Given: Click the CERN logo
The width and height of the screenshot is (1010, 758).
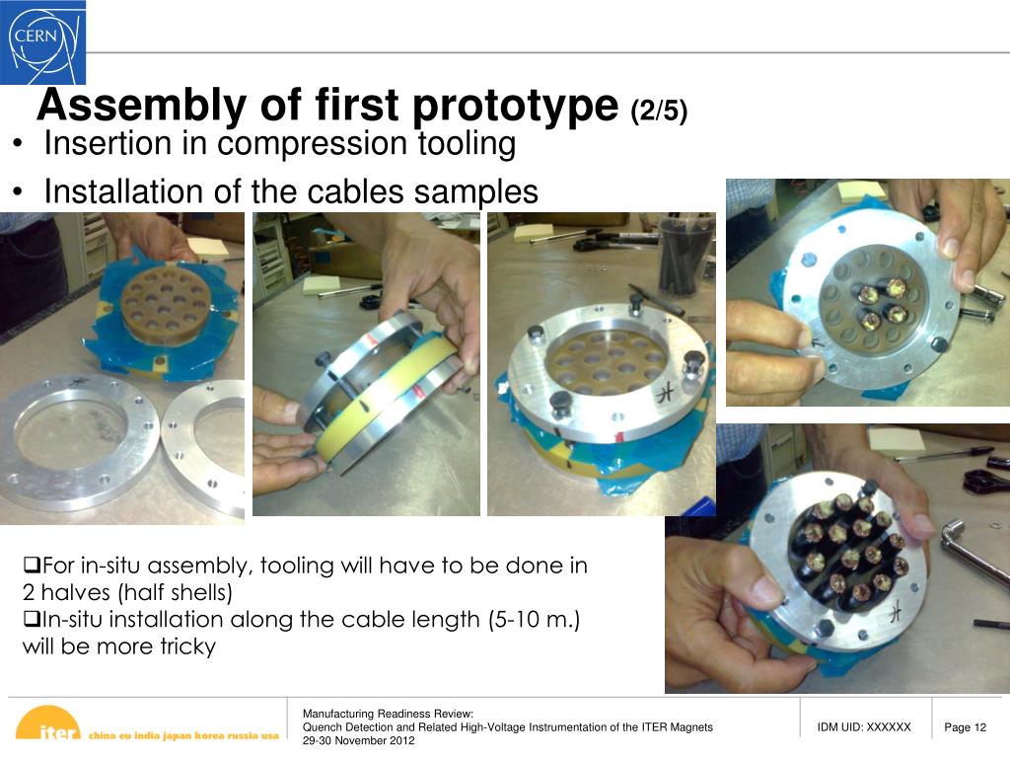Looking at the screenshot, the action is [42, 41].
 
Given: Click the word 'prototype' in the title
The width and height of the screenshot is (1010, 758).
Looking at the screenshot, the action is [515, 106].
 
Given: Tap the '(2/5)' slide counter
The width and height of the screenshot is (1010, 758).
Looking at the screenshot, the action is [659, 111].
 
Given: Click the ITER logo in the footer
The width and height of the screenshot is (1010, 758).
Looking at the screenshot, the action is [48, 723].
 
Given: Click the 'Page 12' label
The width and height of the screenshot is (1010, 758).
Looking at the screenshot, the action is [965, 727].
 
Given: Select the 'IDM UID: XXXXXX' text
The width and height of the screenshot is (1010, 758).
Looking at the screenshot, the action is [864, 727].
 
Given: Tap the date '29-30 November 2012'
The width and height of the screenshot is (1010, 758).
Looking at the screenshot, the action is [359, 740].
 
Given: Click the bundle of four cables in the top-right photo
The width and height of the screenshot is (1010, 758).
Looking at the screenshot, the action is [881, 302].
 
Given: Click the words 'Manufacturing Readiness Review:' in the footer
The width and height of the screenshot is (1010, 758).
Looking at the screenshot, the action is [388, 714].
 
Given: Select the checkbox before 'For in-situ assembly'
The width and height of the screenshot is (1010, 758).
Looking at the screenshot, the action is [32, 566].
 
